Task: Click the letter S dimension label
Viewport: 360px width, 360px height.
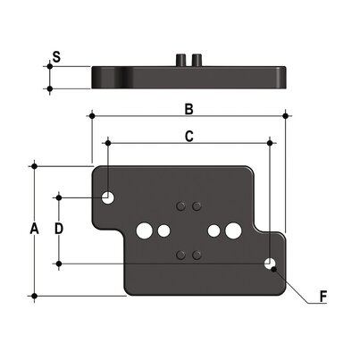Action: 56,58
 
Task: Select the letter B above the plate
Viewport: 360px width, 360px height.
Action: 188,109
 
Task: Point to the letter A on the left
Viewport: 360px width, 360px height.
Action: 34,230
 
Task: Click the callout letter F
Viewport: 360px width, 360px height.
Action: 324,296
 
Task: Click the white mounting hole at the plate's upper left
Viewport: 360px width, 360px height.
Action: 108,197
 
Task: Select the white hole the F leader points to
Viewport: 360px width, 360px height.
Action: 270,264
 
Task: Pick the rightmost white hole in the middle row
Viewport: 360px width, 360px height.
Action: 232,231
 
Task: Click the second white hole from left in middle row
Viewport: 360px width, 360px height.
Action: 163,231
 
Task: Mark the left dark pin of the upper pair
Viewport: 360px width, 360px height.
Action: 180,206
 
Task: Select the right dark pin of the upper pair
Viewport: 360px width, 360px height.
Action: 197,206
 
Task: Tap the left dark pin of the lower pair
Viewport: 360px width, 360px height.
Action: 180,255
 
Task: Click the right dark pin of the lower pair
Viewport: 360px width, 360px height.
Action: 197,255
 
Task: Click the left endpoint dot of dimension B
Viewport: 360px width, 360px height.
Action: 91,115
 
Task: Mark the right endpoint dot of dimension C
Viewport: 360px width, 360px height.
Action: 270,141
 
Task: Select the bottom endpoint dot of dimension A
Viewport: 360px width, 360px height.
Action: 34,296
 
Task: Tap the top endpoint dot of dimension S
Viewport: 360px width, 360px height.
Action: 50,67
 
